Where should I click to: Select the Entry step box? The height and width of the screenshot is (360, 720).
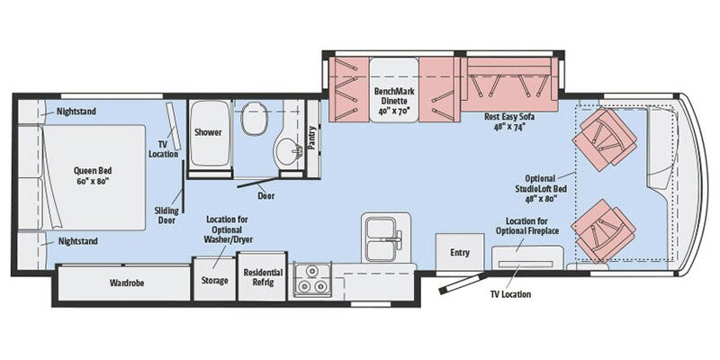pyautogui.click(x=459, y=253)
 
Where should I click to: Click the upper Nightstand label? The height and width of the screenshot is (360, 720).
pyautogui.click(x=76, y=112)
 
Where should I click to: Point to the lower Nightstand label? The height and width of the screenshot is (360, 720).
pyautogui.click(x=76, y=241)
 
